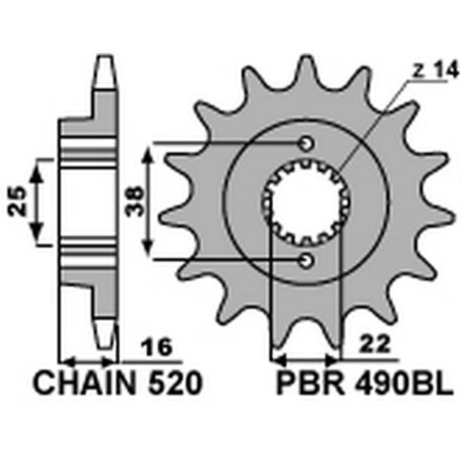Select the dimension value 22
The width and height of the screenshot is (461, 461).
pos(369,344)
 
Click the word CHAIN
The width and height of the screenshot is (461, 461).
pos(83,383)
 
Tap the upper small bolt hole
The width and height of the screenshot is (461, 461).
pos(306,143)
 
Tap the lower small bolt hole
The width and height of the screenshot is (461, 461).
pos(306,261)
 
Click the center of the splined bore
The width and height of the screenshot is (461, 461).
pos(305,202)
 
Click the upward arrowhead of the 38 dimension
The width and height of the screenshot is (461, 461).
pos(149,151)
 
